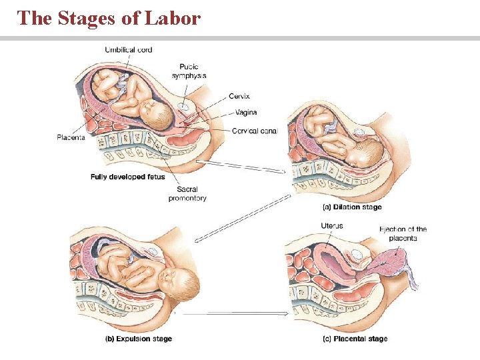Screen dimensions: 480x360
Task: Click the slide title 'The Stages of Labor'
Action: click(x=109, y=18)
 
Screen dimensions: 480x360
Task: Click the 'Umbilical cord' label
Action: click(x=129, y=49)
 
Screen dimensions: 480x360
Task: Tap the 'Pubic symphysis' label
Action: click(x=189, y=71)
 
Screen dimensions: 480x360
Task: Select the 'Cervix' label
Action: click(x=239, y=96)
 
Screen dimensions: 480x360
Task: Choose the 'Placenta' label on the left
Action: click(x=71, y=137)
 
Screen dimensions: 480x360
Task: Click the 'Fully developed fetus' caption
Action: click(x=127, y=177)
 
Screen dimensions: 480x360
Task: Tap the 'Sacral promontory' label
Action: click(x=187, y=193)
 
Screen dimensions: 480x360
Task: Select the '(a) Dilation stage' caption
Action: click(x=352, y=207)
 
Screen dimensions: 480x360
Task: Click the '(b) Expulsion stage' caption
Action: click(x=139, y=339)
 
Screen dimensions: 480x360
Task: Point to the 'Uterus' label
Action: click(x=331, y=226)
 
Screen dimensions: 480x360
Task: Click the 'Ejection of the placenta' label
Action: click(x=403, y=233)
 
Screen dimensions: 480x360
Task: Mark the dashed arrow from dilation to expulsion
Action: click(x=243, y=217)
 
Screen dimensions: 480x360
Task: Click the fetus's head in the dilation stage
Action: click(x=364, y=155)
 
